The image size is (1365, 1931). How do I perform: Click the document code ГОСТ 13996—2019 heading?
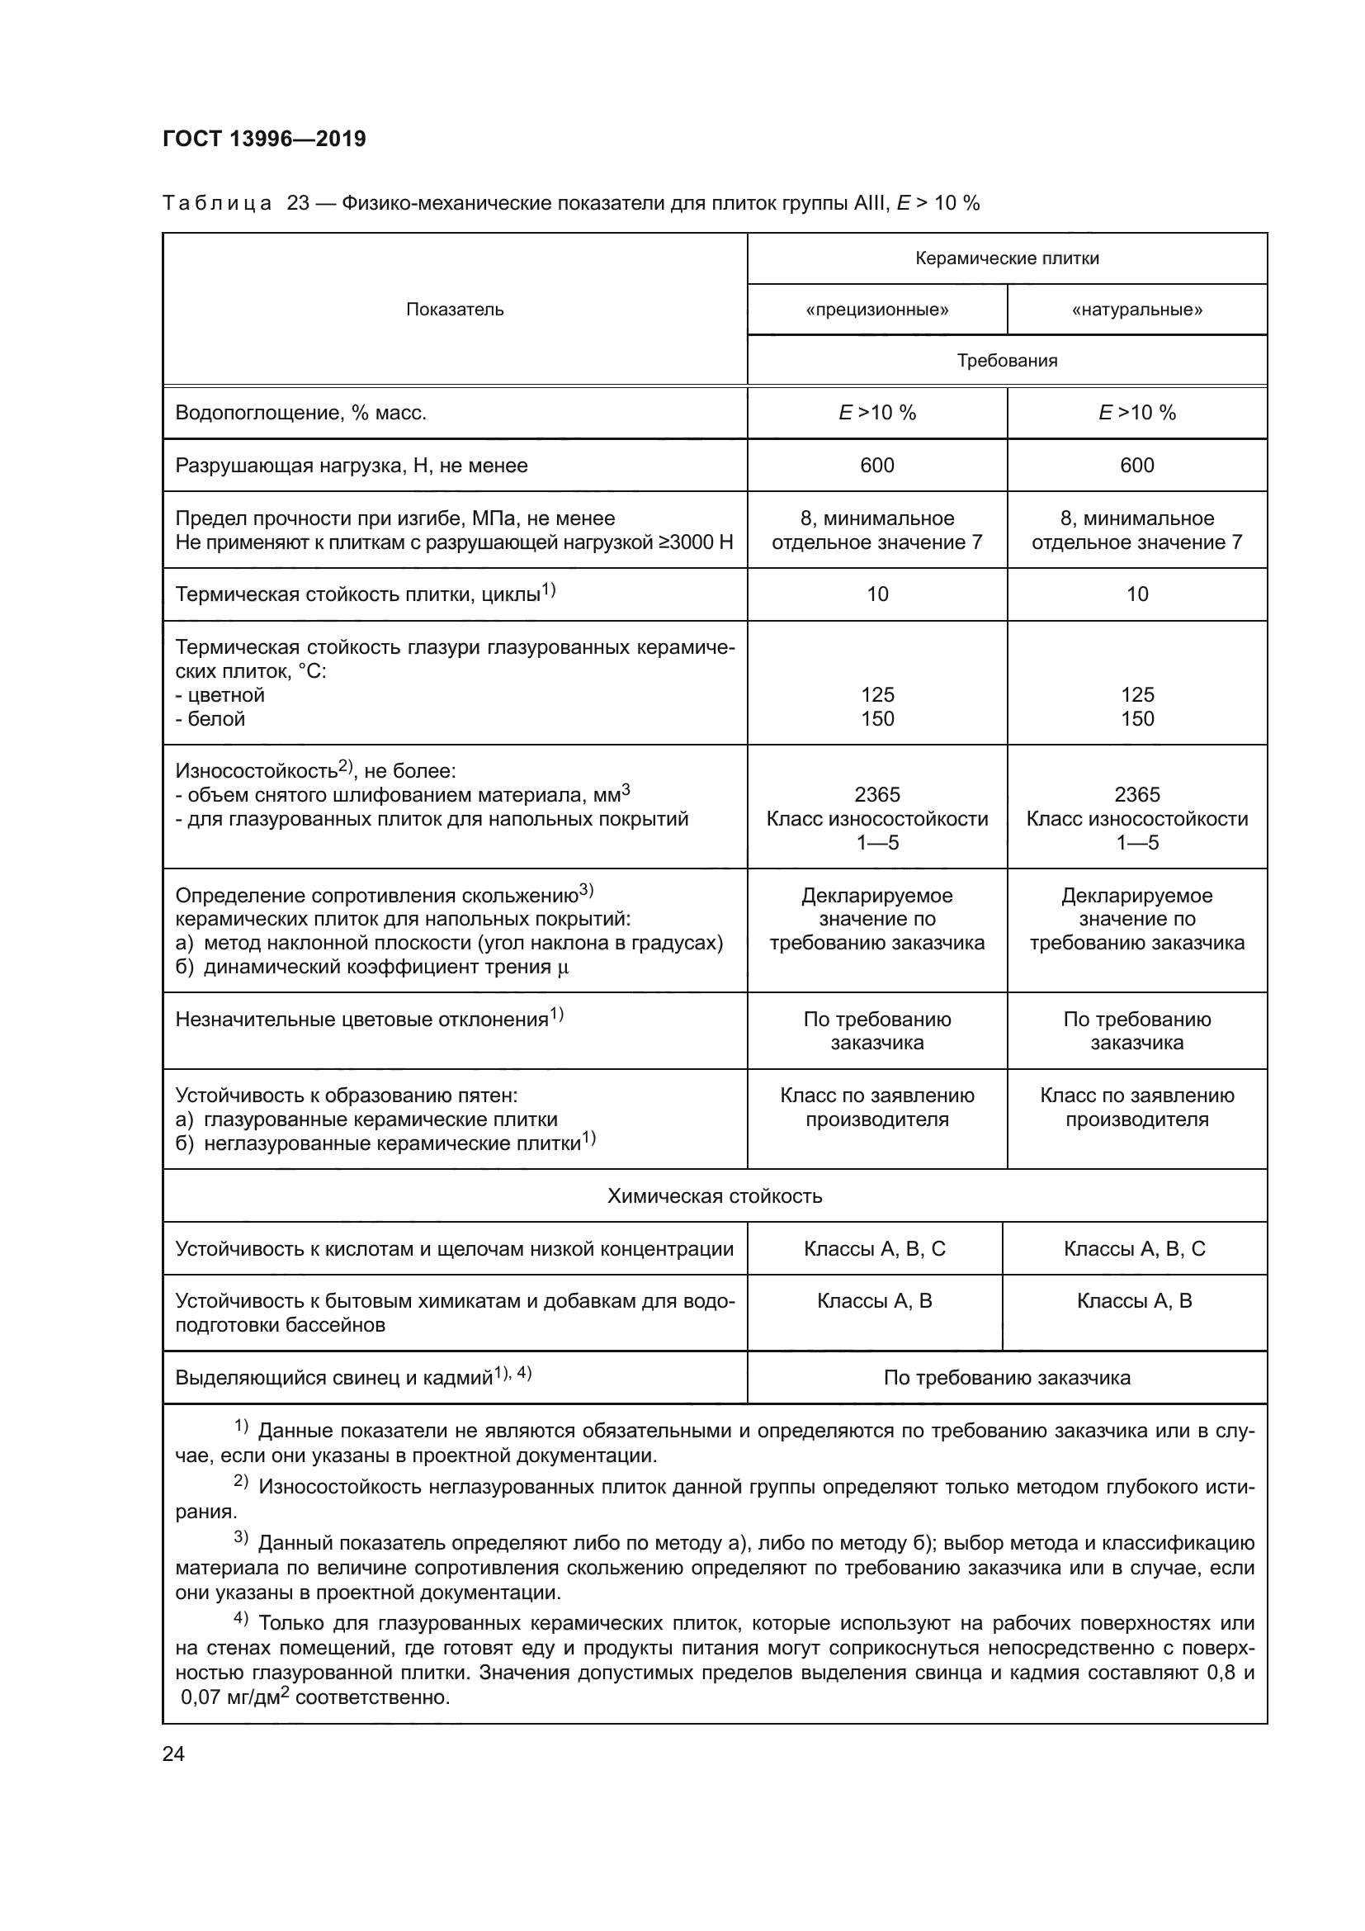(x=264, y=139)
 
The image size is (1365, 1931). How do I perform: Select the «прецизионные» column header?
(x=876, y=310)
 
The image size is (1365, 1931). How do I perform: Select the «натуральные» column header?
(x=1136, y=310)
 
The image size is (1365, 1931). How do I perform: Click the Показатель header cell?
(x=455, y=310)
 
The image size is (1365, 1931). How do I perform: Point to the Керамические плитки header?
(x=1007, y=258)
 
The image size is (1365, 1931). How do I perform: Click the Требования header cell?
(x=1007, y=361)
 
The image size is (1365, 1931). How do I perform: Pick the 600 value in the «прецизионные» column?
(x=876, y=465)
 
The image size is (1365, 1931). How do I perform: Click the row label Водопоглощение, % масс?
(x=301, y=413)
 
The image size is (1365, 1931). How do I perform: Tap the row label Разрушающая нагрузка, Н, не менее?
(x=352, y=465)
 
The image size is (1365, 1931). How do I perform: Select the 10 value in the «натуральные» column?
(x=1136, y=594)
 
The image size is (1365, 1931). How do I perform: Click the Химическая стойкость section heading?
(x=715, y=1196)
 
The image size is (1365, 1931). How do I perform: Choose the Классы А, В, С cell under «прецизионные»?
(x=874, y=1249)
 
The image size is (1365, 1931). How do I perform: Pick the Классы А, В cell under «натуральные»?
(x=1134, y=1301)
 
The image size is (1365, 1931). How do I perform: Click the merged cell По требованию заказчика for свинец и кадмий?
(x=1007, y=1378)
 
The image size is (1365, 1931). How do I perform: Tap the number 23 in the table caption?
(x=299, y=204)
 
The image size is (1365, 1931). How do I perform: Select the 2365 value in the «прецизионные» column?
(x=876, y=795)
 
